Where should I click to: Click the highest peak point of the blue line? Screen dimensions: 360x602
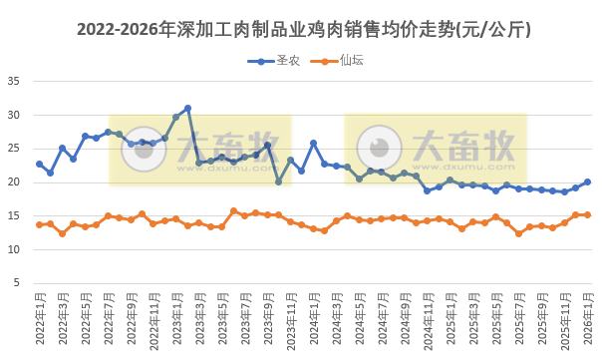click(x=187, y=108)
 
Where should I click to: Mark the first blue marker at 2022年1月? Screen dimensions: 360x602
click(x=39, y=164)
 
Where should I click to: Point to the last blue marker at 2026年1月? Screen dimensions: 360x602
click(x=587, y=181)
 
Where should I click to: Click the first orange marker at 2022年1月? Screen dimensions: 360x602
click(x=39, y=224)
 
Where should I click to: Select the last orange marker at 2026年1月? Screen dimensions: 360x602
click(x=587, y=214)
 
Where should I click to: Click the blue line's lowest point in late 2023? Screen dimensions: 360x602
click(x=279, y=181)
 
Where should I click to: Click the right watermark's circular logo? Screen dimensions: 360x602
click(x=380, y=149)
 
